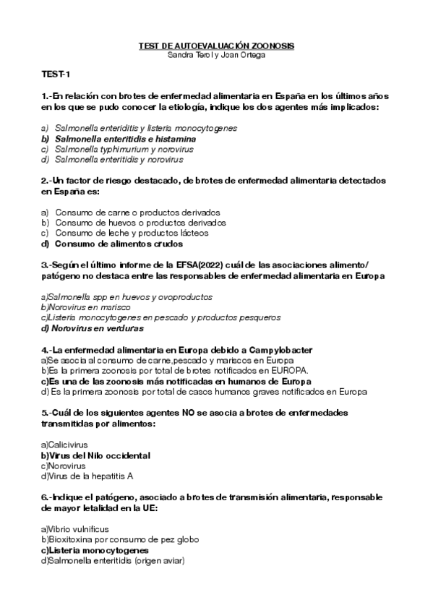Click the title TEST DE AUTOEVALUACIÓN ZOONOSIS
(x=216, y=46)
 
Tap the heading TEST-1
(x=56, y=74)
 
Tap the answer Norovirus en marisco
(x=79, y=307)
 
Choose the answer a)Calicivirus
(x=64, y=445)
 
